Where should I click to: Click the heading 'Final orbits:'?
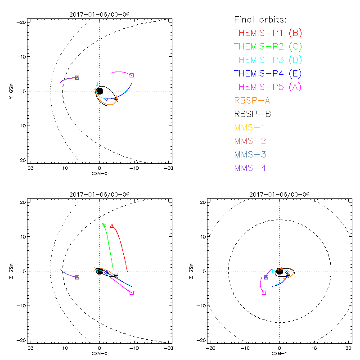(x=261, y=19)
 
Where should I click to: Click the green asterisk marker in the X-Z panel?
(x=104, y=225)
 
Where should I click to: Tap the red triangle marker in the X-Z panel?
(x=112, y=226)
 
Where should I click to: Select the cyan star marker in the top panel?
(x=97, y=84)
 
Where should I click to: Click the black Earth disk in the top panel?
(x=99, y=91)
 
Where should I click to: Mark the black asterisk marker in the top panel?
(x=116, y=99)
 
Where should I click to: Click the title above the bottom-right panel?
(x=279, y=194)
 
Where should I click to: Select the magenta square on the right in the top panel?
(x=131, y=75)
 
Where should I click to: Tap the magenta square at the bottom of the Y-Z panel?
(x=264, y=292)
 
